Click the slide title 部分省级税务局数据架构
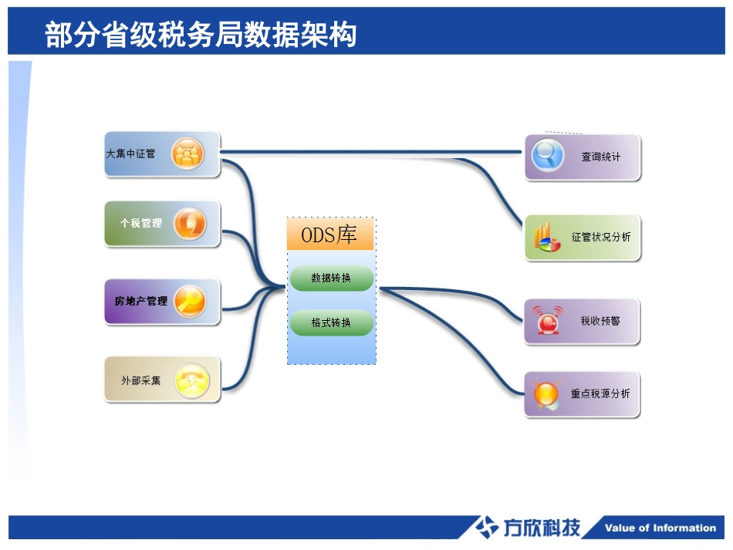[201, 35]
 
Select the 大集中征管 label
[130, 154]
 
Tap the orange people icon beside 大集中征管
[187, 154]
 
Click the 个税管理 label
[141, 223]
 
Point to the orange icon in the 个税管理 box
[189, 224]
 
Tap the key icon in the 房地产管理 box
[189, 301]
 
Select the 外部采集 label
[141, 380]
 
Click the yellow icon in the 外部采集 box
[191, 380]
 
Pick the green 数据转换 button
[331, 278]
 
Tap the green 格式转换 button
[331, 322]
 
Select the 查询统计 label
[600, 157]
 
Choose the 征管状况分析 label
[601, 237]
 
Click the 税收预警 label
[600, 321]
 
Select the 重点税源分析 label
[600, 393]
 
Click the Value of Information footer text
[660, 528]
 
